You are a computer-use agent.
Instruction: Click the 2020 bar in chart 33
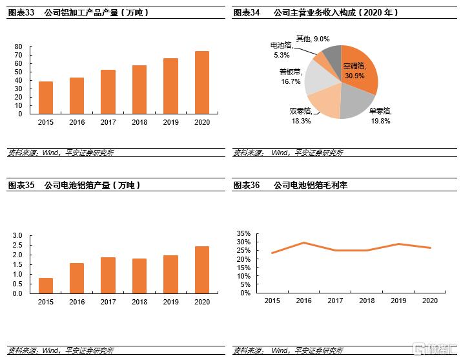tap(202, 83)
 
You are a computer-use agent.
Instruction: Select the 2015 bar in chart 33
tap(46, 98)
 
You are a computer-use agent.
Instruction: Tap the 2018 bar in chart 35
tap(139, 276)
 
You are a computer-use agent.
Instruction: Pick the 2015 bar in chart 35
tap(46, 286)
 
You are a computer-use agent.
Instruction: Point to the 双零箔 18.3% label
tap(301, 116)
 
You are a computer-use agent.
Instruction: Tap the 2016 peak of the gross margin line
tap(303, 243)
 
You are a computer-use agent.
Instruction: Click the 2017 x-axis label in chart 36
tap(335, 301)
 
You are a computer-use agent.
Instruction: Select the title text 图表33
tap(21, 12)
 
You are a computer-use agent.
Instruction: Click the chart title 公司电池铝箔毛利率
tap(311, 185)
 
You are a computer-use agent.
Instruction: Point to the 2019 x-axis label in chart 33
tap(170, 122)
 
